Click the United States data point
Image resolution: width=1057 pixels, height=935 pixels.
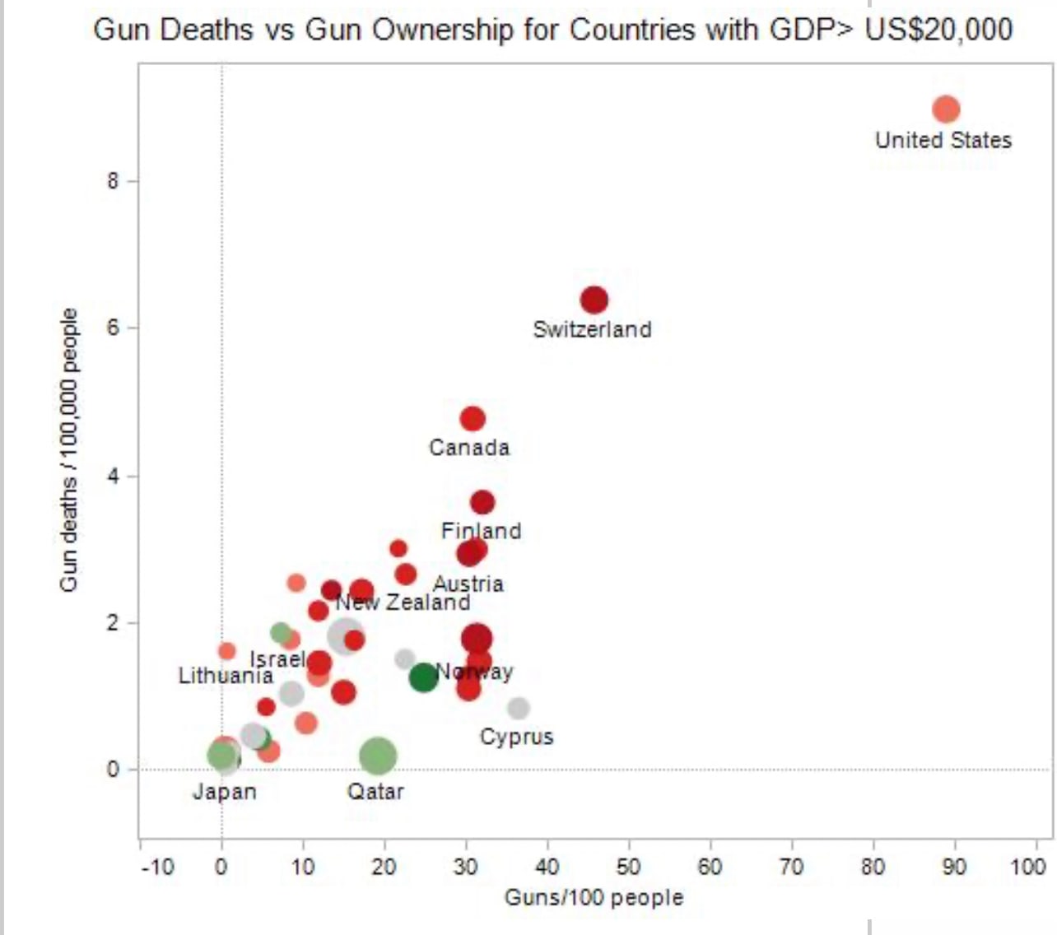(x=946, y=109)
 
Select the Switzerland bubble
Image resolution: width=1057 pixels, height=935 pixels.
(x=594, y=300)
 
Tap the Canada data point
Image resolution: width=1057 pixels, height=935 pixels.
(x=473, y=418)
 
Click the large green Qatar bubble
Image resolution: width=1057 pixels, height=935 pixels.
(x=378, y=756)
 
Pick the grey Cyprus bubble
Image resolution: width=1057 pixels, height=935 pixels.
(x=518, y=708)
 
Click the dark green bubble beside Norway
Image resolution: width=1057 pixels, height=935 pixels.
(x=423, y=677)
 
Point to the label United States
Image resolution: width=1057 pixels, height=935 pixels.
(x=943, y=140)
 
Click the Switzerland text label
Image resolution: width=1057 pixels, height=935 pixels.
(x=592, y=329)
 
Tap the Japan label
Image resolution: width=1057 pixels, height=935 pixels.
(x=225, y=792)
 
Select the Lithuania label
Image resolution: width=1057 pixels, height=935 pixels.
(x=226, y=677)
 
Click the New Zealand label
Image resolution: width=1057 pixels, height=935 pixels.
(x=403, y=602)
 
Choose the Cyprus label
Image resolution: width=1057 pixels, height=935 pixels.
(x=517, y=737)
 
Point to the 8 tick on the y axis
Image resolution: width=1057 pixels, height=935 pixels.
(x=113, y=181)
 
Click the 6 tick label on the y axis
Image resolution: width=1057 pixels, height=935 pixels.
(x=113, y=328)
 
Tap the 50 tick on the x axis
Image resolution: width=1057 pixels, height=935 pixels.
(x=629, y=867)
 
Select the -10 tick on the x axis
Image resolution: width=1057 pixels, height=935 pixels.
(x=156, y=867)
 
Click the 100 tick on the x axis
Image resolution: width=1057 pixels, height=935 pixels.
(x=1029, y=867)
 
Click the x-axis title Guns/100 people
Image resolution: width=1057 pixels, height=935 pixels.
(x=594, y=896)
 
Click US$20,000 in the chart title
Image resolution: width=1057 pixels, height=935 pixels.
(x=938, y=30)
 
